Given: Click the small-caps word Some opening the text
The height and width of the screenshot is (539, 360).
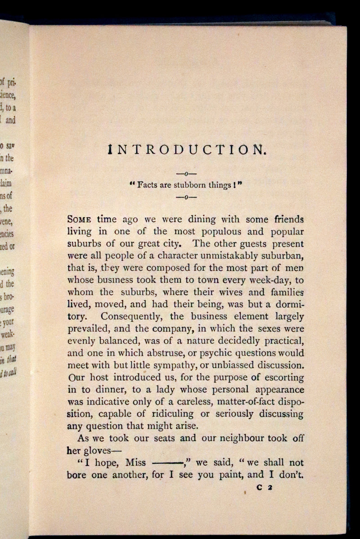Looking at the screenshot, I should tap(80, 220).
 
